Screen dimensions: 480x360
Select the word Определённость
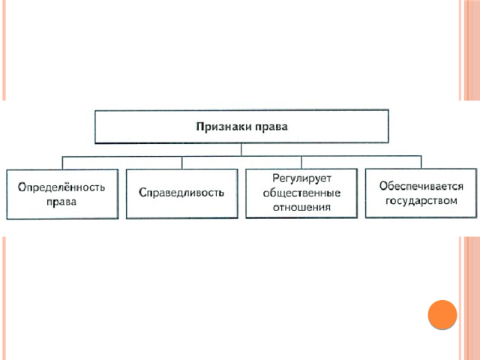click(61, 187)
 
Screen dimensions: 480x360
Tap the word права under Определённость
click(61, 202)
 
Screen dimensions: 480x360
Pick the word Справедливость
click(181, 192)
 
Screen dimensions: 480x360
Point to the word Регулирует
click(301, 178)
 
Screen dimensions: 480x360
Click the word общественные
click(301, 193)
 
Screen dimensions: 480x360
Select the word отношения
click(301, 207)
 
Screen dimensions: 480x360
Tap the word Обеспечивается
click(421, 186)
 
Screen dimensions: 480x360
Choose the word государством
click(421, 201)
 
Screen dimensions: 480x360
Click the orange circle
click(442, 314)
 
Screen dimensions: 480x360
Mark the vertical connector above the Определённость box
click(62, 163)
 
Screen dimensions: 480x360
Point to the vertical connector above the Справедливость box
click(182, 163)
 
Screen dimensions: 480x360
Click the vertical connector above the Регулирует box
click(301, 163)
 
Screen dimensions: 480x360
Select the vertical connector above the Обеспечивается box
click(421, 162)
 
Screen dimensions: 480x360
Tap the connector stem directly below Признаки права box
click(241, 150)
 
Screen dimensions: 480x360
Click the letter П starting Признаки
click(200, 127)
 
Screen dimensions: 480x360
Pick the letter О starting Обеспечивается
click(384, 186)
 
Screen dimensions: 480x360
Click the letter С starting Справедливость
click(142, 192)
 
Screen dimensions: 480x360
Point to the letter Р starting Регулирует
click(276, 178)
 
